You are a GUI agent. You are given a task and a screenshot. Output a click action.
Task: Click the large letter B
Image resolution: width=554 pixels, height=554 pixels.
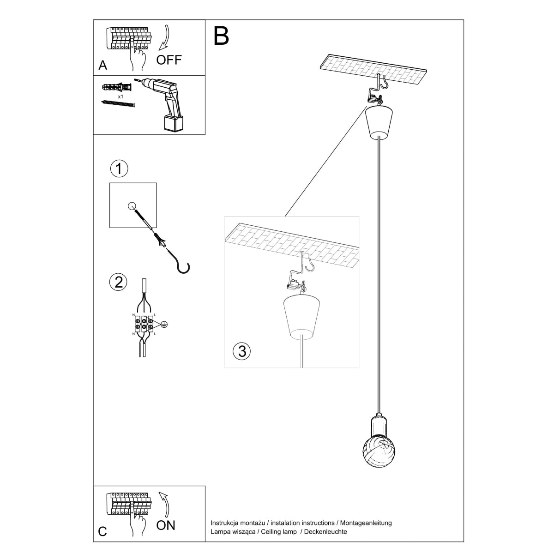click(x=221, y=36)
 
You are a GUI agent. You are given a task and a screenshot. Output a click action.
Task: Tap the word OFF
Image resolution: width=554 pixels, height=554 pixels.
click(x=169, y=60)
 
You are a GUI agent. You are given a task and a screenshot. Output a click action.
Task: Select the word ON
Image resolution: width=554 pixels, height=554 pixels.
click(x=166, y=525)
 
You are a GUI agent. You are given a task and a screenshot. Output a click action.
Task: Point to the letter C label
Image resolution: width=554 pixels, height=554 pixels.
click(x=102, y=532)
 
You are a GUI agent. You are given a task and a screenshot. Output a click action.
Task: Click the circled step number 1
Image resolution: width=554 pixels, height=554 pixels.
click(x=119, y=169)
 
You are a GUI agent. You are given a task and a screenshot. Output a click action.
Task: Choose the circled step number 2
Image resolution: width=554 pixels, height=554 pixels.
click(x=119, y=281)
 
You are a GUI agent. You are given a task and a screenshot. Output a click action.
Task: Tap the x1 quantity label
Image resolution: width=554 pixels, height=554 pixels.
click(x=120, y=97)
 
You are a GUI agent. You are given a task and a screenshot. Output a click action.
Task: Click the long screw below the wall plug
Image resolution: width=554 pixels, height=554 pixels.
click(x=119, y=104)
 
